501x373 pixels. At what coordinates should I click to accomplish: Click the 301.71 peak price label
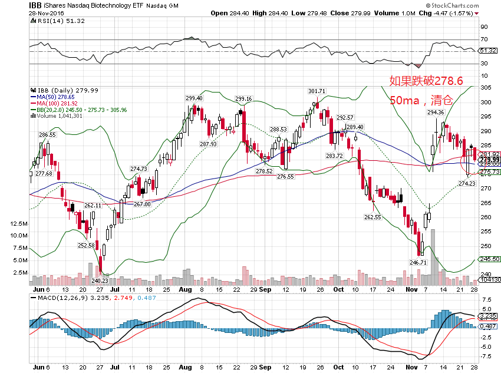coord(317,91)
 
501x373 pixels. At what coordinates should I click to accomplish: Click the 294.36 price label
coord(436,112)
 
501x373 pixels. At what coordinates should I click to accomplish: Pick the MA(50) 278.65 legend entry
coord(54,96)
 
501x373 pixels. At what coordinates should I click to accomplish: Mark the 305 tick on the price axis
coord(486,87)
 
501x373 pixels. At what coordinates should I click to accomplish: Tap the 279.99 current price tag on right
coord(489,160)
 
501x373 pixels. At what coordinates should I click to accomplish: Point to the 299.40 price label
coord(194,98)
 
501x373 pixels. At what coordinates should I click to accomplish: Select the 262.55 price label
coord(373,217)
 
